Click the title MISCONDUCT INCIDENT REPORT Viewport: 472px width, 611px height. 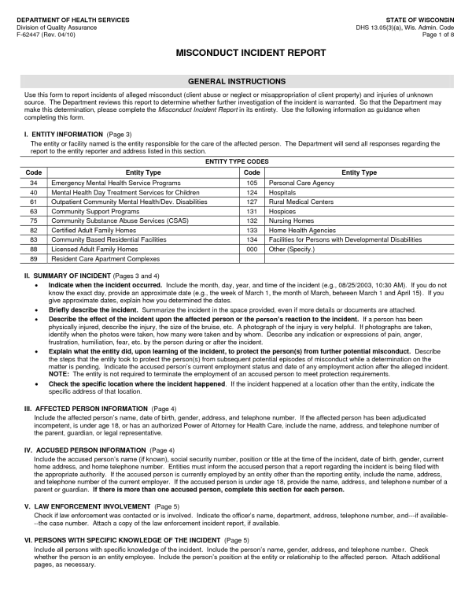(236, 54)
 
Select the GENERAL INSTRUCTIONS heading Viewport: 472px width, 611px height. (236, 82)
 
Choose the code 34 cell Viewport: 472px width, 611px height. (34, 182)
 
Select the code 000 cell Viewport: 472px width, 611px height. (252, 248)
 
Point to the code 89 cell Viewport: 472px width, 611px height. (34, 257)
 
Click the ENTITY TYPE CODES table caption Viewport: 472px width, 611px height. (236, 161)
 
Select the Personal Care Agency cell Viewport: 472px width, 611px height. (302, 182)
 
